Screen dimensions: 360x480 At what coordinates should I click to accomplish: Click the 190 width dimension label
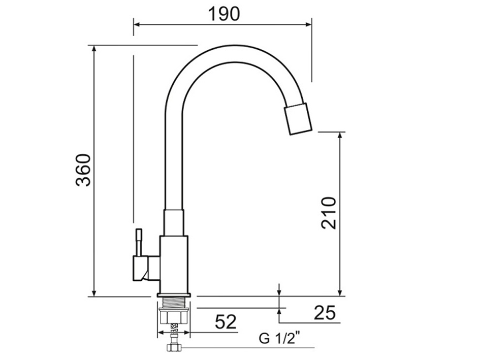(x=223, y=14)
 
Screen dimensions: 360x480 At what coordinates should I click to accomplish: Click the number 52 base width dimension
(x=226, y=321)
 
